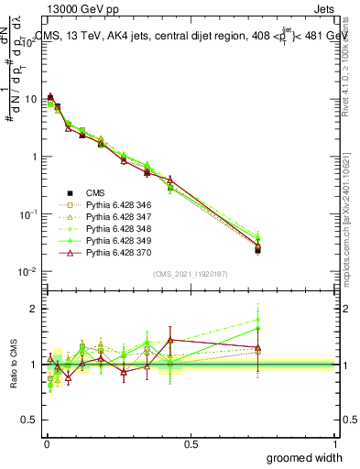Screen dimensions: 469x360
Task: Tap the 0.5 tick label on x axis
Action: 191,444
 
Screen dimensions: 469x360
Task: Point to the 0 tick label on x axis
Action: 46,444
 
